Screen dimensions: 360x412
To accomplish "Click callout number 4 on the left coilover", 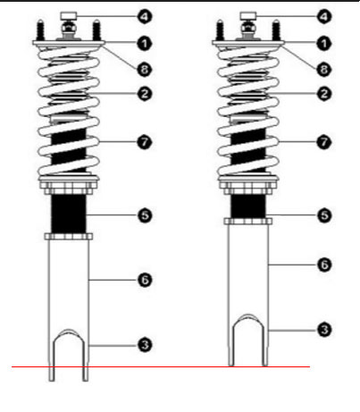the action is (x=145, y=16).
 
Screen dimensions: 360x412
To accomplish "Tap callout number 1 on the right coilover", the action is (x=324, y=44).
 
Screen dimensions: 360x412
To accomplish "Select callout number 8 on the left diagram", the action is (x=145, y=70).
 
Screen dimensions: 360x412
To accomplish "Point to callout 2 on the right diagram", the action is (x=324, y=94).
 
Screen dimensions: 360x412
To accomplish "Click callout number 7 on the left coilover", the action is (x=145, y=142).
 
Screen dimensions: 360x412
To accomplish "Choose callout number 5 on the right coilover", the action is (x=324, y=215).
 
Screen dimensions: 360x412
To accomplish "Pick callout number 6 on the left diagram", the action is (x=145, y=280).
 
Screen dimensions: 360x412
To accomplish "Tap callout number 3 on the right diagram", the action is (x=324, y=330).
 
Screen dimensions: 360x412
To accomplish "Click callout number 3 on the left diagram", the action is (x=145, y=345).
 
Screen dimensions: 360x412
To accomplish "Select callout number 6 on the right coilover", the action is (x=324, y=265).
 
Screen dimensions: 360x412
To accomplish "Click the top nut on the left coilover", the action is (x=69, y=16).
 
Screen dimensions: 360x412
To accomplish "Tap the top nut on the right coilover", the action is (x=248, y=16).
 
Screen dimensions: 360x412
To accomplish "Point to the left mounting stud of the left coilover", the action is (x=40, y=30).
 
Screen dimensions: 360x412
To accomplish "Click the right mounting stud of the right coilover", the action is (x=276, y=30).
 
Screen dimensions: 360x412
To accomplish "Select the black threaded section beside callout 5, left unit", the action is (x=69, y=214).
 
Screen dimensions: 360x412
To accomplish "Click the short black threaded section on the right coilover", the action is (x=248, y=206).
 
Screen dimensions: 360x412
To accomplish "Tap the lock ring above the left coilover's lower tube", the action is (x=69, y=237).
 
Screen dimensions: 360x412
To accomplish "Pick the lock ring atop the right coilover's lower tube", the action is (x=248, y=222).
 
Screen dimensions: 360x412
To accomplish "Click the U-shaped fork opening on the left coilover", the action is (x=69, y=355).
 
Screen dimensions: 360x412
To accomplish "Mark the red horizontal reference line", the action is (x=161, y=366).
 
